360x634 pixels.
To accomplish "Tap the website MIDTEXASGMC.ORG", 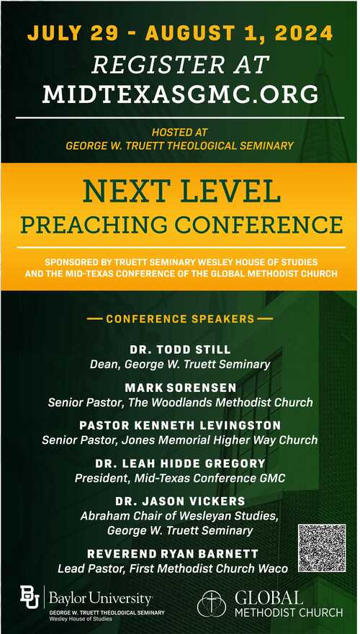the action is [180, 94].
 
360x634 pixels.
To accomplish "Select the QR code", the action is [322, 548].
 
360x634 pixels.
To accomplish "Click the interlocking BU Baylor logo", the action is [30, 597].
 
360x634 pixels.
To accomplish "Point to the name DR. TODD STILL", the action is [180, 349].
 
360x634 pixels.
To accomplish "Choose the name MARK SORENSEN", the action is [181, 388].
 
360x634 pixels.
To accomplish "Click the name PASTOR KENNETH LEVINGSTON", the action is [180, 425].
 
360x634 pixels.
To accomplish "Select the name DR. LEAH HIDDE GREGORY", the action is [180, 463].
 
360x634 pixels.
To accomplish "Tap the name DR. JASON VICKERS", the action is [180, 501].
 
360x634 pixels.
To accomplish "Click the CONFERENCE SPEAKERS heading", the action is [180, 319].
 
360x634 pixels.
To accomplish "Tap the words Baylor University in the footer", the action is [101, 597].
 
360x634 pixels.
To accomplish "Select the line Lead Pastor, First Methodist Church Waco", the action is [173, 568].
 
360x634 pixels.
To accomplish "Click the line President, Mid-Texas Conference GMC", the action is [180, 478].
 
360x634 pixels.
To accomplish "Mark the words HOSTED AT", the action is [180, 133].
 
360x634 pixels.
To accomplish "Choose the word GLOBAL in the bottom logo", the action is [269, 597].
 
